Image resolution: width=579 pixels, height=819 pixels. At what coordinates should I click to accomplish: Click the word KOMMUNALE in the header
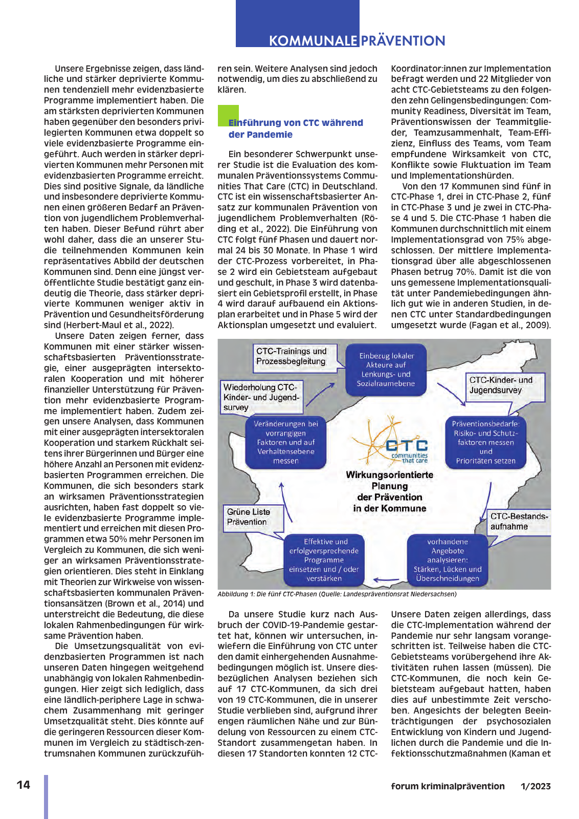pos(313,41)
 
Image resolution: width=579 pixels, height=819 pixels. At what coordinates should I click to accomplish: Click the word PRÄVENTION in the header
pos(403,41)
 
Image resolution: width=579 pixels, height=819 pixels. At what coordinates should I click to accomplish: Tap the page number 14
pos(24,785)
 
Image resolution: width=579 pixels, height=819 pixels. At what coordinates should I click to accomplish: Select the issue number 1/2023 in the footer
pos(536,786)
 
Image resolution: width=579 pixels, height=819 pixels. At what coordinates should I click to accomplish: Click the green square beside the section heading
pos(228,115)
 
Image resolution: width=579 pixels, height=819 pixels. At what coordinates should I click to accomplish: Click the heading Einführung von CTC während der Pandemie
pos(295,128)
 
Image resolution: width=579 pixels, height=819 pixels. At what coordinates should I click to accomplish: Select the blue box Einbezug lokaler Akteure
pos(386,370)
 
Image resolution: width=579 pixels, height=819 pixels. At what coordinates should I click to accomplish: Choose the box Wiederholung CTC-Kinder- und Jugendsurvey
pos(261,397)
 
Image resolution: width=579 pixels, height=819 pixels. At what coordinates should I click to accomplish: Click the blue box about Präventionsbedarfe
pos(486,442)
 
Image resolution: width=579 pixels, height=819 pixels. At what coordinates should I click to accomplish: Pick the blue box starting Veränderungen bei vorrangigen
pos(286,442)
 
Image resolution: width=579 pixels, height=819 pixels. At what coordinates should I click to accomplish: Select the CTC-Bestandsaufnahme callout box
pos(518,522)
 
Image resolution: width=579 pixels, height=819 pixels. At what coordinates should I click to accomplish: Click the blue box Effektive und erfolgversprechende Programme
pos(324,560)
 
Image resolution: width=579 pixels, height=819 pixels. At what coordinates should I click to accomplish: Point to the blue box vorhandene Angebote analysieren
pos(448,560)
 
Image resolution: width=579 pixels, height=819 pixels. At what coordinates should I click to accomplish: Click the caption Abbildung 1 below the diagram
pos(337,594)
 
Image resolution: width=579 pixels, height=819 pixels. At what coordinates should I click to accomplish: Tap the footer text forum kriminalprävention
pos(448,786)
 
